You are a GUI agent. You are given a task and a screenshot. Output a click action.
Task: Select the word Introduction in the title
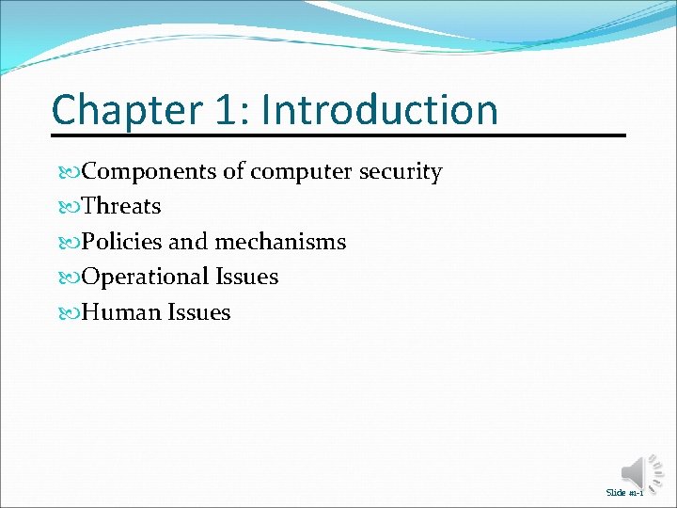coord(379,110)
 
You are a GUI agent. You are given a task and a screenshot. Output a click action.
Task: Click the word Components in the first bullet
coord(150,172)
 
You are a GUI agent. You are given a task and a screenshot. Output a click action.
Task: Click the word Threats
coord(121,206)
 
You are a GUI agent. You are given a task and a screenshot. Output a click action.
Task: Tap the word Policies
coord(121,242)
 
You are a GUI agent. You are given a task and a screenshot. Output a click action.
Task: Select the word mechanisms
coord(280,242)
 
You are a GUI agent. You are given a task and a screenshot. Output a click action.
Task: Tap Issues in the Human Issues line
coord(198,312)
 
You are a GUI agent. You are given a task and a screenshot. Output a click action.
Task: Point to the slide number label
coord(624,493)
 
